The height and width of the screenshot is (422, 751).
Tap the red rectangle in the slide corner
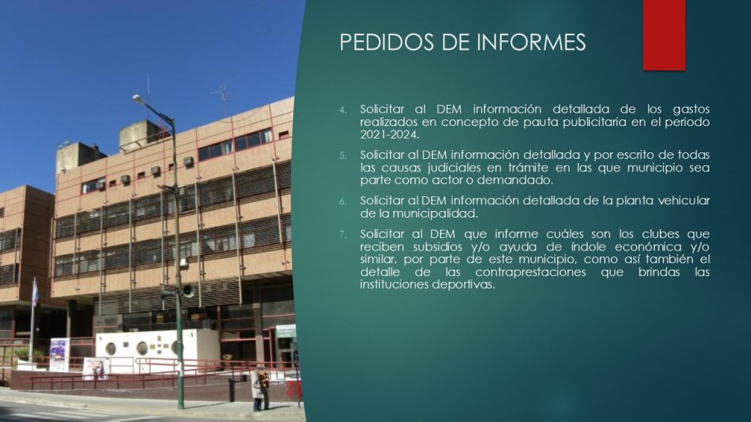(664, 35)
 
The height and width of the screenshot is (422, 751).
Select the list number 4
(343, 110)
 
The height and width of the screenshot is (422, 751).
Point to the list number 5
(343, 155)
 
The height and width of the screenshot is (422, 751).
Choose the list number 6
(343, 201)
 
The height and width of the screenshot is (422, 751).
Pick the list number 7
(343, 234)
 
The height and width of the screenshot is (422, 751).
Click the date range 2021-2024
(389, 135)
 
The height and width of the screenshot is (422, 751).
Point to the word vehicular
(684, 201)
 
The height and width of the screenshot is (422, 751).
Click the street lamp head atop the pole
(139, 99)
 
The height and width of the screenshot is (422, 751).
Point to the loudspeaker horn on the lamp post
(188, 290)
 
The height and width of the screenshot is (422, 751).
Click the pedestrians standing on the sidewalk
(260, 388)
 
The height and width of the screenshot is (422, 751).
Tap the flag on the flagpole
(35, 292)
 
